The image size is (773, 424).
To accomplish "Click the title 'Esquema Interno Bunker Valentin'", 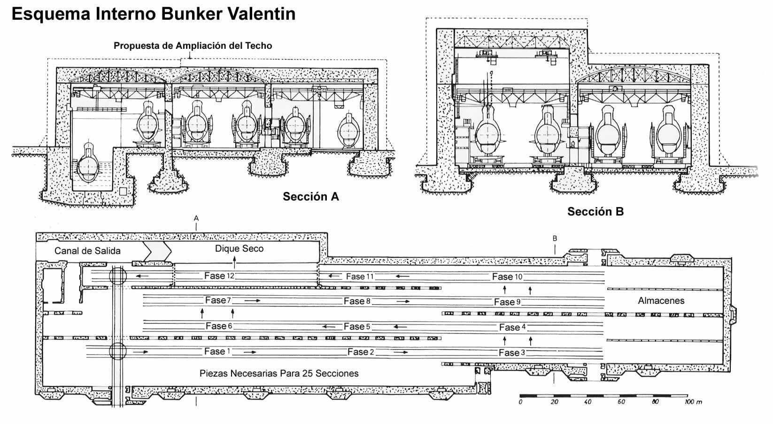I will tap(154, 14).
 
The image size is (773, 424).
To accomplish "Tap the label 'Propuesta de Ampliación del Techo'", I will tap(193, 46).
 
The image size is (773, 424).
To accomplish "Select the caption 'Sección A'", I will tap(310, 196).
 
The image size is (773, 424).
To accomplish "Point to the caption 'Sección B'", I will tap(595, 211).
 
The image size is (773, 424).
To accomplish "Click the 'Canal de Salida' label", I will tap(87, 251).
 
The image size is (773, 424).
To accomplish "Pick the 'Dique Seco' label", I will tap(239, 248).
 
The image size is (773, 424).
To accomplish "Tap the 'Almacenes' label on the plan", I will tap(661, 301).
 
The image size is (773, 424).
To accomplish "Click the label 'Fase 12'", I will tap(219, 276).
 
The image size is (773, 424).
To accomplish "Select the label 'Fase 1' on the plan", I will tap(217, 351).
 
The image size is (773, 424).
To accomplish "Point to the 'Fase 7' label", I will tap(218, 300).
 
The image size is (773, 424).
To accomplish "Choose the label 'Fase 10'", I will tap(507, 277).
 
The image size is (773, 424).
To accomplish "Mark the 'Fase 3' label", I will tap(512, 353).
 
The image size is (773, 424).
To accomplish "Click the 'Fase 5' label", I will tap(357, 326).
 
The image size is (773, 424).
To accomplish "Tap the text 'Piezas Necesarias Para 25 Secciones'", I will tap(279, 373).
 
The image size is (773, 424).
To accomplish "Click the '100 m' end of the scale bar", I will tap(693, 402).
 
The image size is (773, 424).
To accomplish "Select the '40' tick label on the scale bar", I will tap(587, 402).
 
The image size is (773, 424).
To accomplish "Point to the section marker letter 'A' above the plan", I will tap(196, 218).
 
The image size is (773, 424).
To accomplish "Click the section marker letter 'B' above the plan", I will tap(555, 239).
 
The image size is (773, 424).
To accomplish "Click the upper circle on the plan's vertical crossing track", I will tap(117, 276).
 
